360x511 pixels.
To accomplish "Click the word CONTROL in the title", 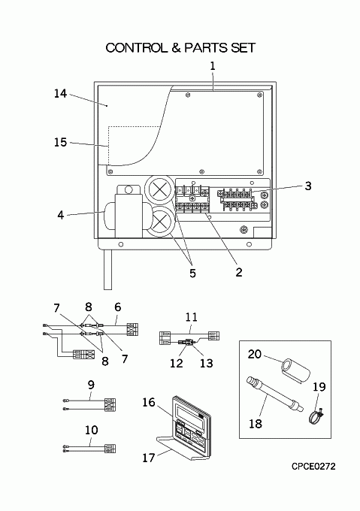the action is [x=137, y=48].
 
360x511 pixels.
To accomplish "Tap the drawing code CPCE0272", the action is [x=313, y=467].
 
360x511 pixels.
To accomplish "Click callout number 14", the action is [x=60, y=93].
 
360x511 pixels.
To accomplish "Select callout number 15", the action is [x=60, y=142].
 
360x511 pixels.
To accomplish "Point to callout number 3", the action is [x=308, y=186].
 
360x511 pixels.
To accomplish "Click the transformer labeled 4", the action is [x=125, y=212].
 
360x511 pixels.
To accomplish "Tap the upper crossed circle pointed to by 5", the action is [x=158, y=189].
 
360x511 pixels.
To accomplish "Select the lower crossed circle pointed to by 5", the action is [x=159, y=222].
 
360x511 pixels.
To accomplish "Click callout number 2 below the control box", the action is [x=239, y=272].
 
